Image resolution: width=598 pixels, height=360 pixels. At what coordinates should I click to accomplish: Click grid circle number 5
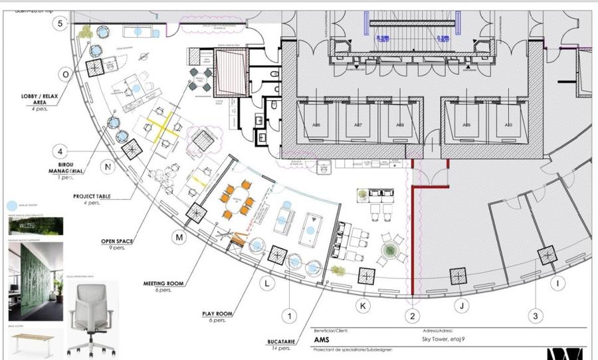[61, 24]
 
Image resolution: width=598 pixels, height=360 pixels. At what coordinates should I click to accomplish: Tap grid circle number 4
[60, 150]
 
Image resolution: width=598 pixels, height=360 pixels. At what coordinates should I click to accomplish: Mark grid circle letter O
[65, 73]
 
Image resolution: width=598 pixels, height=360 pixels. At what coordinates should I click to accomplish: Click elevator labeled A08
[399, 124]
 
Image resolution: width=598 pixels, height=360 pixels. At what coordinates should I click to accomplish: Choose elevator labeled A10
[508, 124]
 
